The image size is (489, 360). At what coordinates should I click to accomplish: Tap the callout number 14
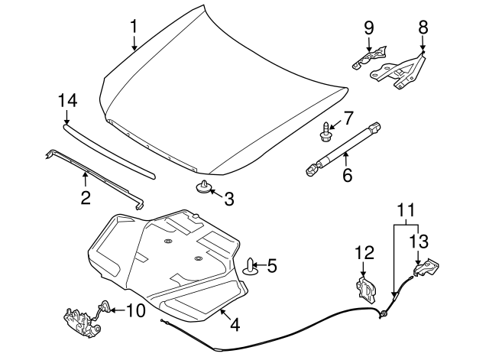point(67,101)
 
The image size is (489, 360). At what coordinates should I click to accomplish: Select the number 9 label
point(368,28)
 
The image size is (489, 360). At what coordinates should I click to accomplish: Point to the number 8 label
point(423,28)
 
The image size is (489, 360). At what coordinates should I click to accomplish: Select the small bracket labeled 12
point(366,289)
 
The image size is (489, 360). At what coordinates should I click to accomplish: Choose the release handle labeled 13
point(426,267)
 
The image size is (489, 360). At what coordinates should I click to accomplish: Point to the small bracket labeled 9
point(369,57)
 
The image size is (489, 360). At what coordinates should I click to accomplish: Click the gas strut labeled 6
point(343,150)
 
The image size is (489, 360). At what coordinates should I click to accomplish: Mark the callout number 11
point(406,210)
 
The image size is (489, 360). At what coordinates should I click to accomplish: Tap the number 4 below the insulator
point(235,324)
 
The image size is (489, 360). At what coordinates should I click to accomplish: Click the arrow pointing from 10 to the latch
point(118,310)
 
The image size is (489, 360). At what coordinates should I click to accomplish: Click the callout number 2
point(86,197)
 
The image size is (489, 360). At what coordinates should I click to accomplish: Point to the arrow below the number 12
point(364,269)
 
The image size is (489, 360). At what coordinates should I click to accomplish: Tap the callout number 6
point(347,175)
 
